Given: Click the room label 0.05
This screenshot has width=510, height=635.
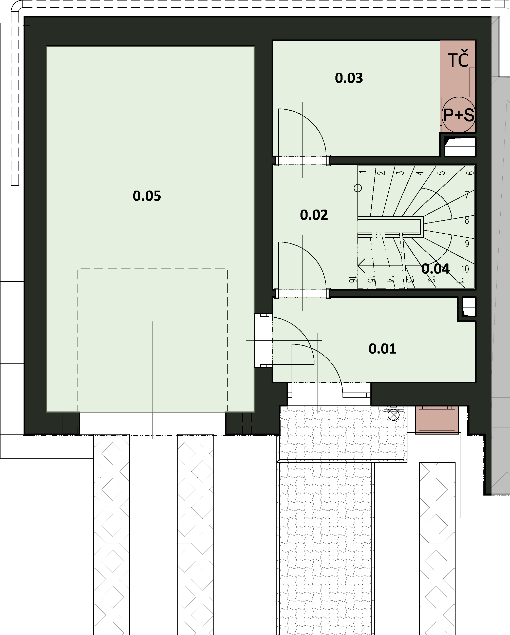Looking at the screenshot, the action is pos(147,196).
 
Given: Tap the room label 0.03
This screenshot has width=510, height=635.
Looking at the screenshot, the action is pos(349,78).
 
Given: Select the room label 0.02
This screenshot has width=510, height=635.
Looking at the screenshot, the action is pos(314,215).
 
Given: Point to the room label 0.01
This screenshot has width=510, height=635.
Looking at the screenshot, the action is pos(382,349).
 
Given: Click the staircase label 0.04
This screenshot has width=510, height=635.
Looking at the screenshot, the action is pos(436,269).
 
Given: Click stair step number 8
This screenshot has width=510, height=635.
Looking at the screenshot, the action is pos(467,220).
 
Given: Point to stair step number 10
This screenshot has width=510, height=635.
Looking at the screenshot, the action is pos(465,269).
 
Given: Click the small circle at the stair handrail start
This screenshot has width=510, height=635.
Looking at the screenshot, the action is pos(357,188).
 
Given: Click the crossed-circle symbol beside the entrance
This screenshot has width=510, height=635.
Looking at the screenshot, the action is pos(393,416).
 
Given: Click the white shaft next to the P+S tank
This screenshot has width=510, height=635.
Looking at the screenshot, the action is pos(460,147).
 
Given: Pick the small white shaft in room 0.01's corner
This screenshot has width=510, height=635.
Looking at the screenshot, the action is pos(468,307).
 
